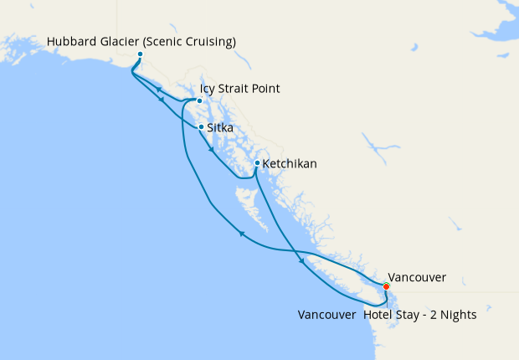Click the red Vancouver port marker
click(386, 286)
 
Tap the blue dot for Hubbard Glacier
click(140, 54)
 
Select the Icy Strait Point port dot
click(198, 101)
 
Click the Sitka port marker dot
click(201, 127)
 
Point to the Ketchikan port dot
click(257, 163)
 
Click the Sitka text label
click(219, 128)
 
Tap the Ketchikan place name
click(290, 164)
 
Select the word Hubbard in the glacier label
click(74, 42)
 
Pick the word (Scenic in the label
click(166, 42)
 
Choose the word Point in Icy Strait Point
click(265, 89)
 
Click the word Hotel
click(381, 316)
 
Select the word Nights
click(456, 316)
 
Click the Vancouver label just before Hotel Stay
click(326, 316)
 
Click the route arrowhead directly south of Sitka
click(211, 152)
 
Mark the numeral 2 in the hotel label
click(433, 316)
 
